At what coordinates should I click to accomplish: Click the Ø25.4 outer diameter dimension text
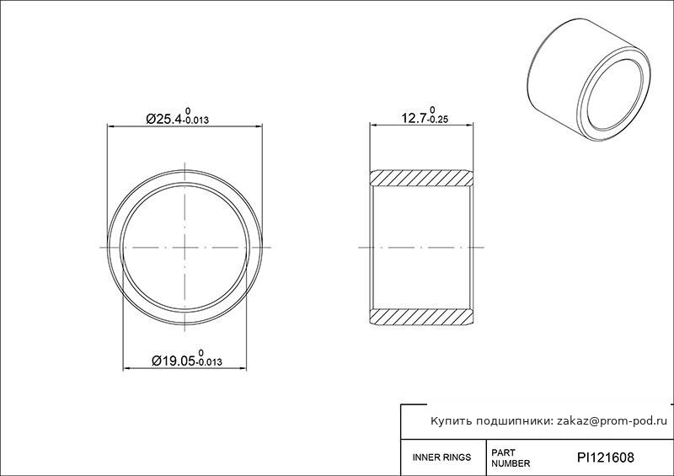click(164, 119)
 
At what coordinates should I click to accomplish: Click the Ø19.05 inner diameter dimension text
click(174, 361)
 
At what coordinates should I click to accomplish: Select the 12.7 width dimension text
click(414, 117)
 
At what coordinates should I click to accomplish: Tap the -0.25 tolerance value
click(438, 120)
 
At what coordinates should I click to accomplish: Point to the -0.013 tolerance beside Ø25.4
click(196, 120)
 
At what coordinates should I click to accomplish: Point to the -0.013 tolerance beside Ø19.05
click(210, 362)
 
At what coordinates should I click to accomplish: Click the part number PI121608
click(605, 457)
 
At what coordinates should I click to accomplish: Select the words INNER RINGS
click(441, 457)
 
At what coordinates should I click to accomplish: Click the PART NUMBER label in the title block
click(511, 458)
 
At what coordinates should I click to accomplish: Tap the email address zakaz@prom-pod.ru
click(612, 421)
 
